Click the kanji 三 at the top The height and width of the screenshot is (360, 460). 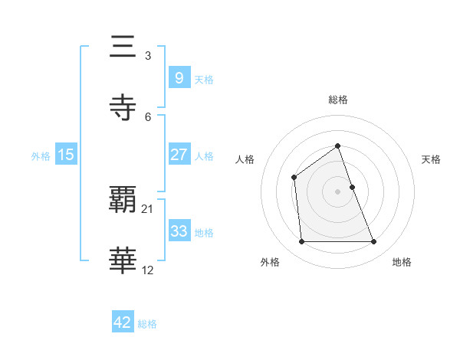coord(124,47)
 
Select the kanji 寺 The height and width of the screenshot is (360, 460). coord(124,107)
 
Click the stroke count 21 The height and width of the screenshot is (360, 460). coord(148,209)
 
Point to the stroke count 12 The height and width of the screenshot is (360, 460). coord(148,269)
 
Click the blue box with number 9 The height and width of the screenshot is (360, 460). coord(179,78)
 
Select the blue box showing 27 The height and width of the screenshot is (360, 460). coord(179,155)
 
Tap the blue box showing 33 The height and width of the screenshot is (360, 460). coord(179,231)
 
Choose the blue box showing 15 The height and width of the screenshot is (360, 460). coord(66,155)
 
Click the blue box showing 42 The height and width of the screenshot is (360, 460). coord(123,323)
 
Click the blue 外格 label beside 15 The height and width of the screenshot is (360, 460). coord(41,156)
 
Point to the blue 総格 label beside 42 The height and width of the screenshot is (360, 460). coord(147,324)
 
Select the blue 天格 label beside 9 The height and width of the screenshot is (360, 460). coord(204,80)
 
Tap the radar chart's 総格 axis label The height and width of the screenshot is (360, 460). coord(338,100)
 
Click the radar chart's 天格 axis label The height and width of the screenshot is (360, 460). coord(432,159)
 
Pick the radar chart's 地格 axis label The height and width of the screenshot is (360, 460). coord(402,262)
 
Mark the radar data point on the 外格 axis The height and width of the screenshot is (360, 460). coord(302,242)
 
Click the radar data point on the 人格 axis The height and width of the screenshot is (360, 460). coord(294,178)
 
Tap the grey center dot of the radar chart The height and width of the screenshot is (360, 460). coord(338,191)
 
